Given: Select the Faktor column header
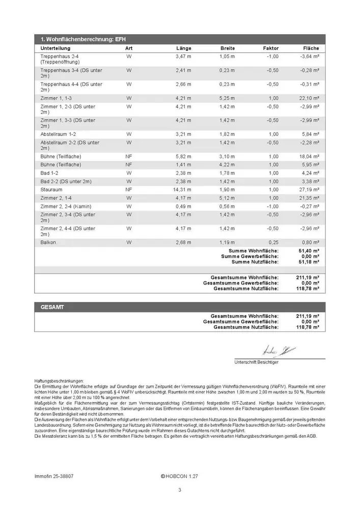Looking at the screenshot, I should [x=271, y=48].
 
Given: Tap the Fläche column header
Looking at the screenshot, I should [x=311, y=48].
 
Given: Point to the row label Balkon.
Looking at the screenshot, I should [x=49, y=242].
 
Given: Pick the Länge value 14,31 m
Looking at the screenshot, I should [x=182, y=189].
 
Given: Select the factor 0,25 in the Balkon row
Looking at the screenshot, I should [x=273, y=242].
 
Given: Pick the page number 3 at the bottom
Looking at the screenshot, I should [x=180, y=490].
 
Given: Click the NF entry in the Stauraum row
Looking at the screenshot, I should [x=129, y=189].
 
